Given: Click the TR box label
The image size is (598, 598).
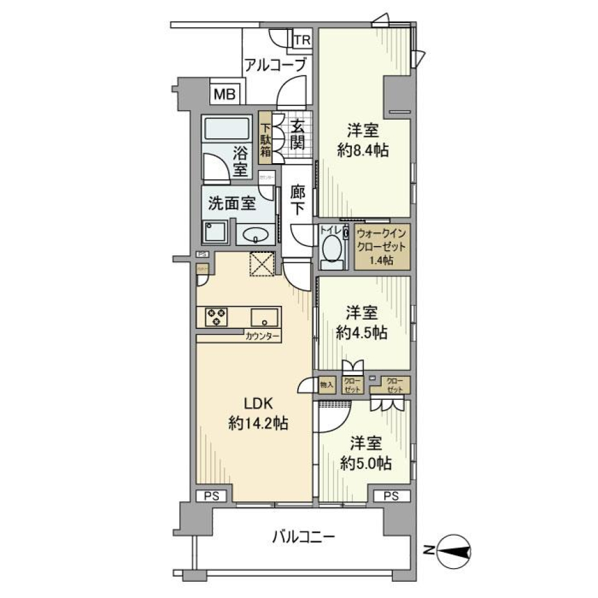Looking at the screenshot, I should click(302, 40).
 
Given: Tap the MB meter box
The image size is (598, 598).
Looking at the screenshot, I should click(224, 95).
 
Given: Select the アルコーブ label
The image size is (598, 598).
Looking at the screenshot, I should click(275, 64).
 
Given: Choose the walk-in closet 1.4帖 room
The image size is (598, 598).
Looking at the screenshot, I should click(382, 247).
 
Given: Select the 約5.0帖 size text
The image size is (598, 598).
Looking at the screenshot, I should click(366, 463).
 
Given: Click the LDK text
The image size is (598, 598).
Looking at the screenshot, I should click(257, 403).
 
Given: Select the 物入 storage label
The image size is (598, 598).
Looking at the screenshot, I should click(327, 384).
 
